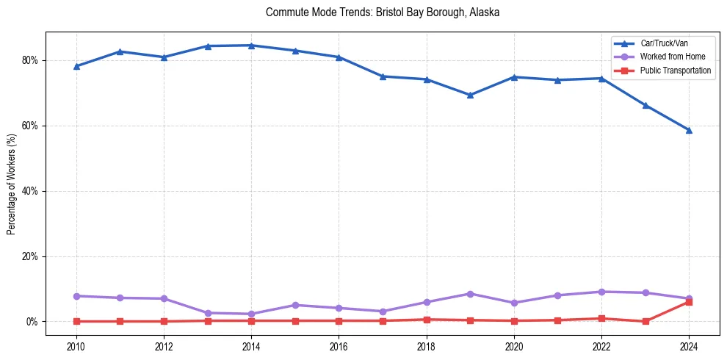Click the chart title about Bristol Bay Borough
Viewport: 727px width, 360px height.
pyautogui.click(x=383, y=12)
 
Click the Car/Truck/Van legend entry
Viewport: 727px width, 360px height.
pyautogui.click(x=664, y=44)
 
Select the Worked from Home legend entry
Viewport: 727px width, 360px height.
pyautogui.click(x=673, y=57)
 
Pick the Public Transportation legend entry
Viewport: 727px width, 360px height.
pyautogui.click(x=676, y=71)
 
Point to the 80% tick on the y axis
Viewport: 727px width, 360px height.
pyautogui.click(x=31, y=60)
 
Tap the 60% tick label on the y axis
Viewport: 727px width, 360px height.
pyautogui.click(x=31, y=126)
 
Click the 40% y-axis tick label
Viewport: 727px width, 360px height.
pyautogui.click(x=31, y=191)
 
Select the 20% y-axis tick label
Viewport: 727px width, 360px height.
pyautogui.click(x=31, y=256)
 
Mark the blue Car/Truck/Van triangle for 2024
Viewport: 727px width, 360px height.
pyautogui.click(x=689, y=130)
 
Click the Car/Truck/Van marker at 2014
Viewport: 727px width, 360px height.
pyautogui.click(x=251, y=46)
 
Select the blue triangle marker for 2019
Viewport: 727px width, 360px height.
pyautogui.click(x=470, y=95)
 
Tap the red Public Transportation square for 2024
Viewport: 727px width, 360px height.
pyautogui.click(x=689, y=302)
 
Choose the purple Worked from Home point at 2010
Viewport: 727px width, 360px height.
pyautogui.click(x=76, y=296)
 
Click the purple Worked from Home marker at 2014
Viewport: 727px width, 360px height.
pyautogui.click(x=251, y=314)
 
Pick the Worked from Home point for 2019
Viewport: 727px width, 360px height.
pyautogui.click(x=470, y=294)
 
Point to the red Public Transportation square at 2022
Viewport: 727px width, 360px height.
pyautogui.click(x=601, y=319)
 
